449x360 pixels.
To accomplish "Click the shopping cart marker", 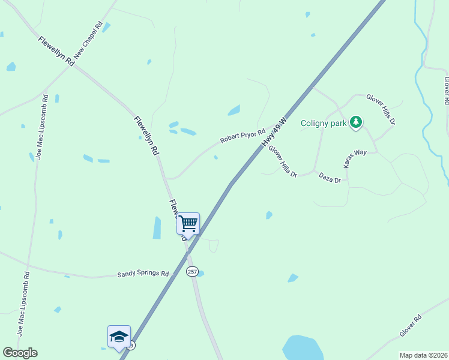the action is tap(188, 224).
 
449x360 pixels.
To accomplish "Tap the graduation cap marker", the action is tap(119, 337).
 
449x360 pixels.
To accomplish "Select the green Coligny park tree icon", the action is tap(356, 122).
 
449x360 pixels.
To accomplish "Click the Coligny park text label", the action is tap(324, 123).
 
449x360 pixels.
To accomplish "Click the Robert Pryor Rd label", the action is tap(242, 136).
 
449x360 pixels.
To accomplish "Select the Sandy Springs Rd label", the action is tap(143, 274).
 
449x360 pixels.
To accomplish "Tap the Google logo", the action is tap(20, 353).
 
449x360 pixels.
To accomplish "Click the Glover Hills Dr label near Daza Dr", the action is tap(283, 161).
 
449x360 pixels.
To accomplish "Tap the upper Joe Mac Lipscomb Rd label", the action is tap(41, 126).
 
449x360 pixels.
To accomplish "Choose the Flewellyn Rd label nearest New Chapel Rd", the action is tap(56, 51).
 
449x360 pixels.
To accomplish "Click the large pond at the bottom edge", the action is tap(303, 348).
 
